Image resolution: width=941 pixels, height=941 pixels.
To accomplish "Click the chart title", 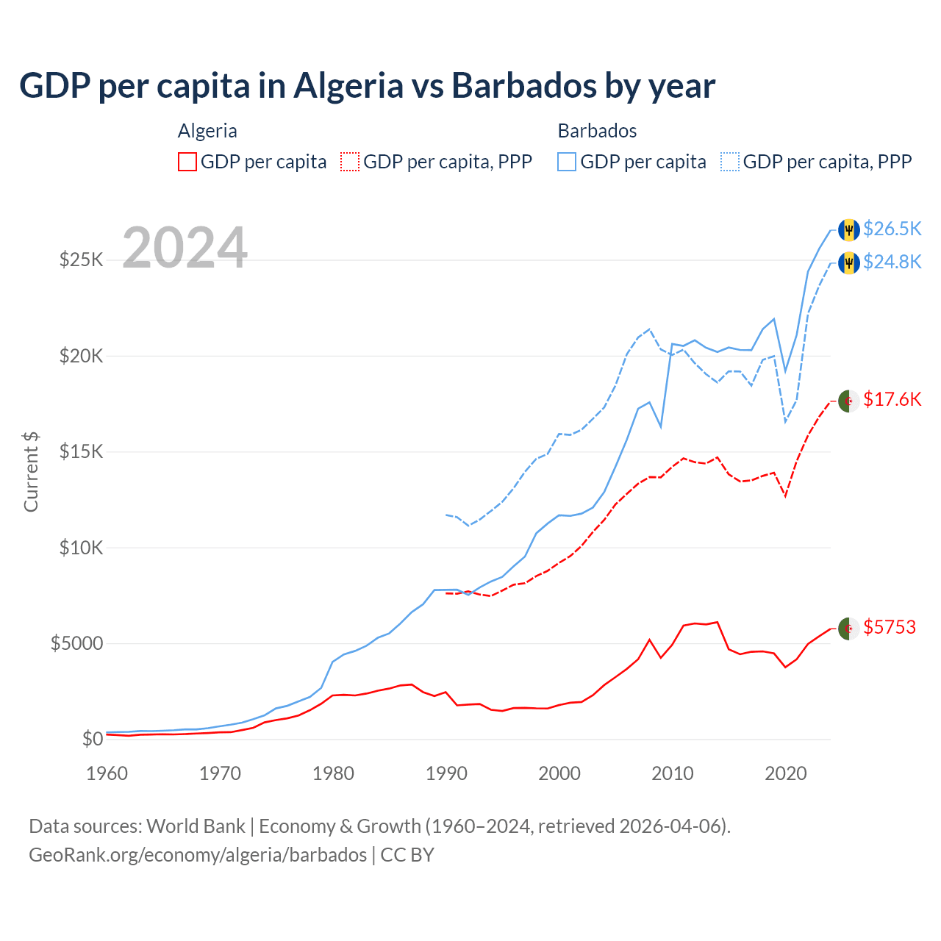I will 367,86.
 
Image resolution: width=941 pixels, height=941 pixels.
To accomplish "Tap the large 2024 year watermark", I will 185,248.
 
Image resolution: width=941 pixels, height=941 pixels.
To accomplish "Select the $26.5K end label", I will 892,229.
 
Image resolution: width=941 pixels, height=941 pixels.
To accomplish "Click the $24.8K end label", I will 892,262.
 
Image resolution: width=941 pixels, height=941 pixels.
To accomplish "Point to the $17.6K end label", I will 892,399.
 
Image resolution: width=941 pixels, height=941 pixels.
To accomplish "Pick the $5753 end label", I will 889,627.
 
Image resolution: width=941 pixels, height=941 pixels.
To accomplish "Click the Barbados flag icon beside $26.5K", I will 849,229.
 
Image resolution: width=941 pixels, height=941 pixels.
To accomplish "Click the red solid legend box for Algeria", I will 187,162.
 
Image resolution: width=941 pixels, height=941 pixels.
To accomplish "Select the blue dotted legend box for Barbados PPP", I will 730,162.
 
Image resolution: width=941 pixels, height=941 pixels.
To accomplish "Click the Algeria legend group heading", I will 207,131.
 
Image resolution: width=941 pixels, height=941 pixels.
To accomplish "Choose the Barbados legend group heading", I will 597,131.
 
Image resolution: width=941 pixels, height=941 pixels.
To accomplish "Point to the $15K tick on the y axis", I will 81,451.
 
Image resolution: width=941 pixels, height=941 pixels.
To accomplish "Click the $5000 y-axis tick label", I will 76,644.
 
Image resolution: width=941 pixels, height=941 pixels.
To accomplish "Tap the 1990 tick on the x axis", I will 446,773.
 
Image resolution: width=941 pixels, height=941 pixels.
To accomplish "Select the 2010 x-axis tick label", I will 673,773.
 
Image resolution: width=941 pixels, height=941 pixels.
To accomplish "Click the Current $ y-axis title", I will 31,471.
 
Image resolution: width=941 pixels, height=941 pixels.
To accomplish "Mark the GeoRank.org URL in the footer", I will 198,855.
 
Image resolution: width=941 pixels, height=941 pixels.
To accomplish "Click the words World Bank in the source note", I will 196,826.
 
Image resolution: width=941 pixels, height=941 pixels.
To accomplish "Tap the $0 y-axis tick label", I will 92,740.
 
